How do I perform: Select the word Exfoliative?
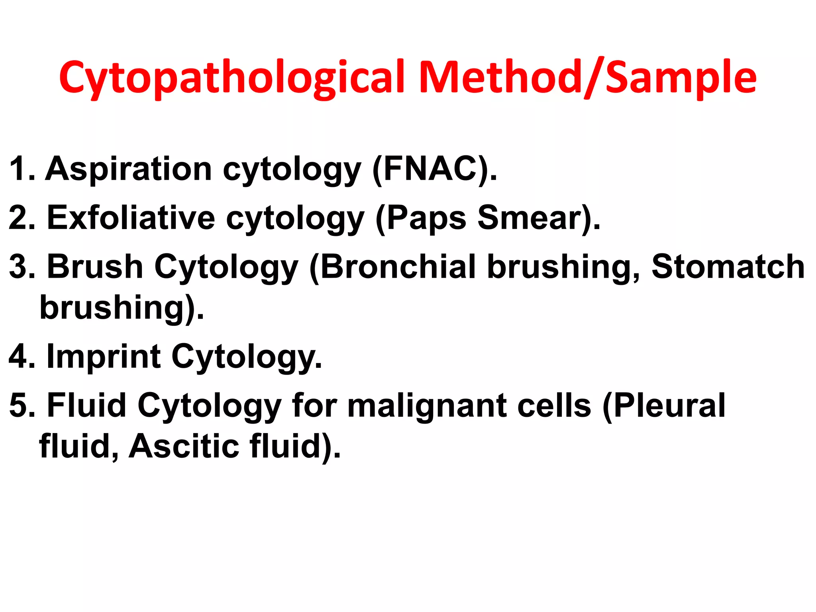coord(131,218)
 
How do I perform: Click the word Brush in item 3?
coord(95,267)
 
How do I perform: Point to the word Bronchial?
coord(398,267)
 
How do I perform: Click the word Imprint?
coord(104,357)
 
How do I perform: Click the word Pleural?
coord(669,406)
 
